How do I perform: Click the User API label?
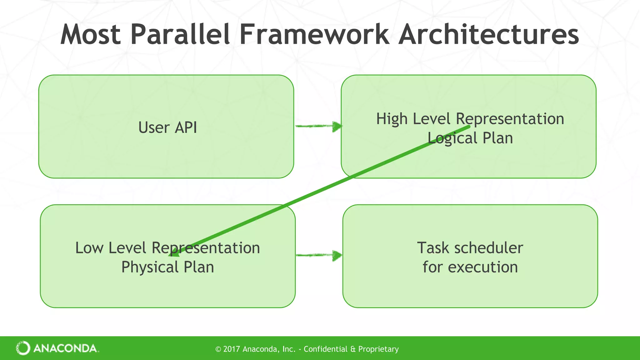(167, 127)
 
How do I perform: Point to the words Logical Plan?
(470, 138)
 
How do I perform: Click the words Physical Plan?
(167, 267)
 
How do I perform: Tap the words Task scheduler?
(470, 248)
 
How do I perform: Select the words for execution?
(470, 267)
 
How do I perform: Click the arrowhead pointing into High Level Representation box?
(337, 127)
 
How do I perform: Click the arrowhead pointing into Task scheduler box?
(337, 256)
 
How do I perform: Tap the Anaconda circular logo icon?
(23, 348)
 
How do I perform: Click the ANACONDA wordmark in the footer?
(65, 348)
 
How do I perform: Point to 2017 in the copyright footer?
(232, 349)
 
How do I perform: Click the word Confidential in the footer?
(325, 349)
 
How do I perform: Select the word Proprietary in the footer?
(378, 349)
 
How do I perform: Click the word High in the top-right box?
(392, 119)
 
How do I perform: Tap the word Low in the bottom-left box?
(89, 248)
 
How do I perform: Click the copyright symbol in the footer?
(218, 349)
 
